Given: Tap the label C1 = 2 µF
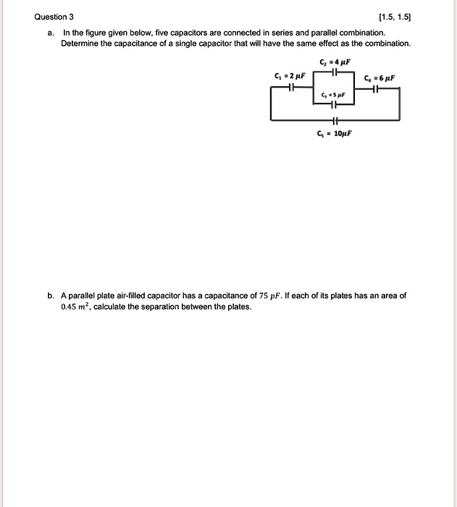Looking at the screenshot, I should [x=289, y=75].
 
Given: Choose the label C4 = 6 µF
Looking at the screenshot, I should [x=380, y=78].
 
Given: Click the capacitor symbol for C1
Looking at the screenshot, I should [x=290, y=88].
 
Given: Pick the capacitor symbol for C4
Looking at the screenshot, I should [x=374, y=89].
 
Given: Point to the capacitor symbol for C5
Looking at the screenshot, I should [x=334, y=120].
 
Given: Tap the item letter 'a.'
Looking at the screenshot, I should [x=51, y=33].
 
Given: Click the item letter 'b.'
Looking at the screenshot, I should [x=51, y=296].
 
